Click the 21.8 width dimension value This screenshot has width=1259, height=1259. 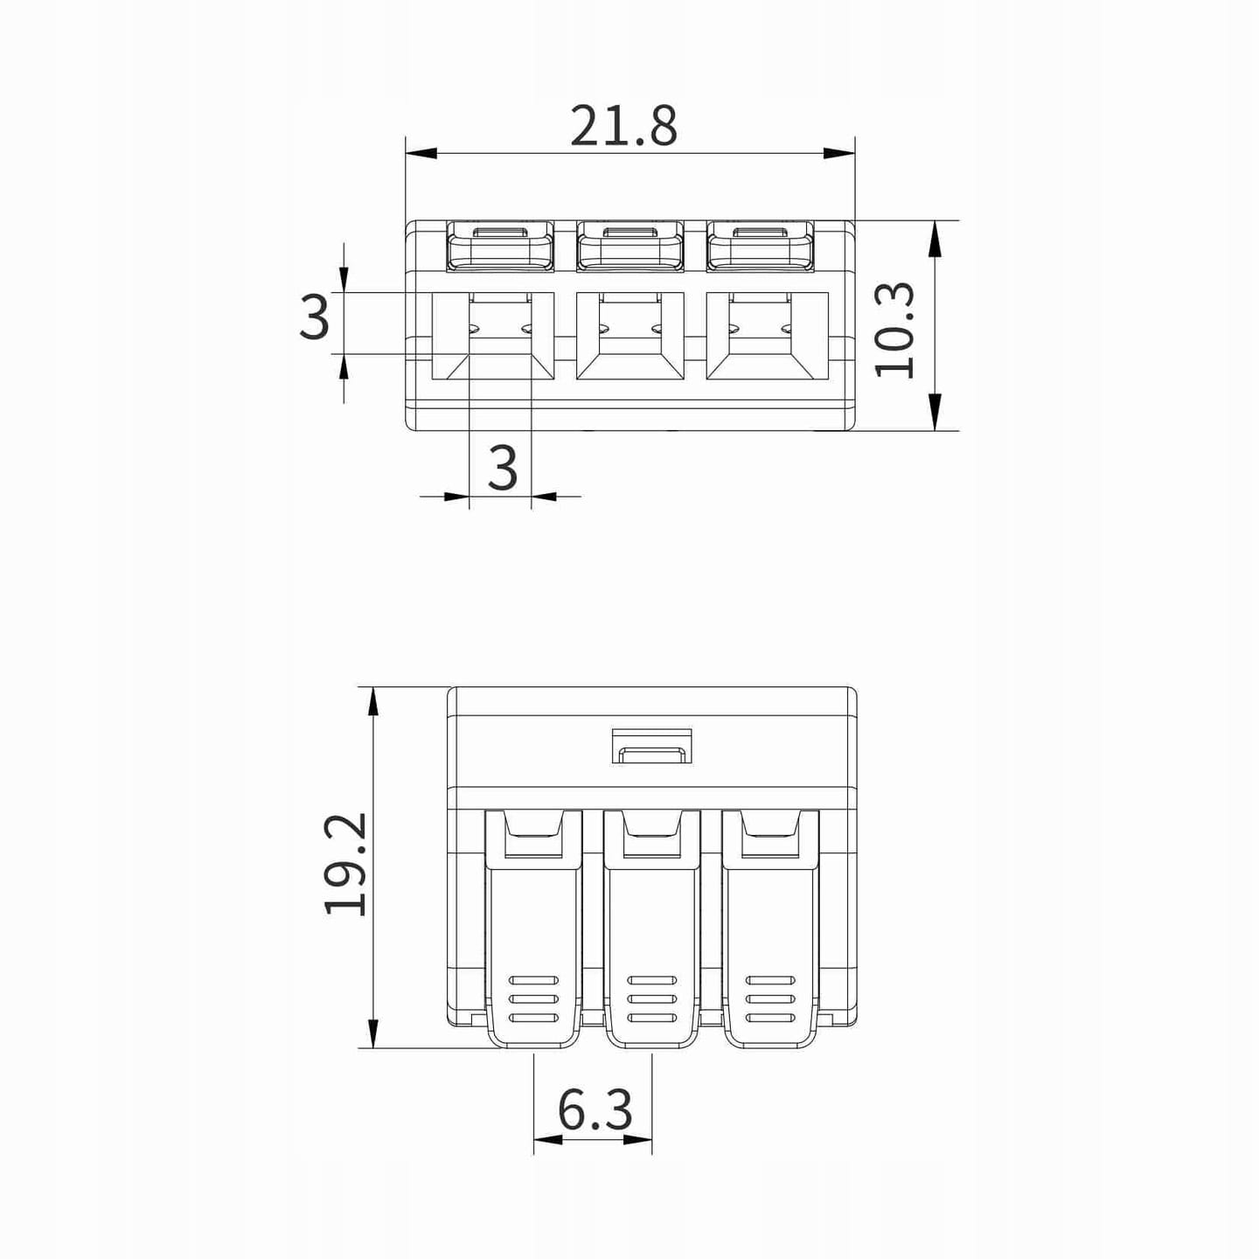[x=623, y=125]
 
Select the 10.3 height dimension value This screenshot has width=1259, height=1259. [x=894, y=330]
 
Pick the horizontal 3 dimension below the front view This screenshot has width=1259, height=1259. [x=503, y=468]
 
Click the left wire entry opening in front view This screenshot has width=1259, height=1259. [x=493, y=335]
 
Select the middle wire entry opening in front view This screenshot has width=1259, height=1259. [x=629, y=335]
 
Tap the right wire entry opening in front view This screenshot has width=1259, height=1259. [x=768, y=335]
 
